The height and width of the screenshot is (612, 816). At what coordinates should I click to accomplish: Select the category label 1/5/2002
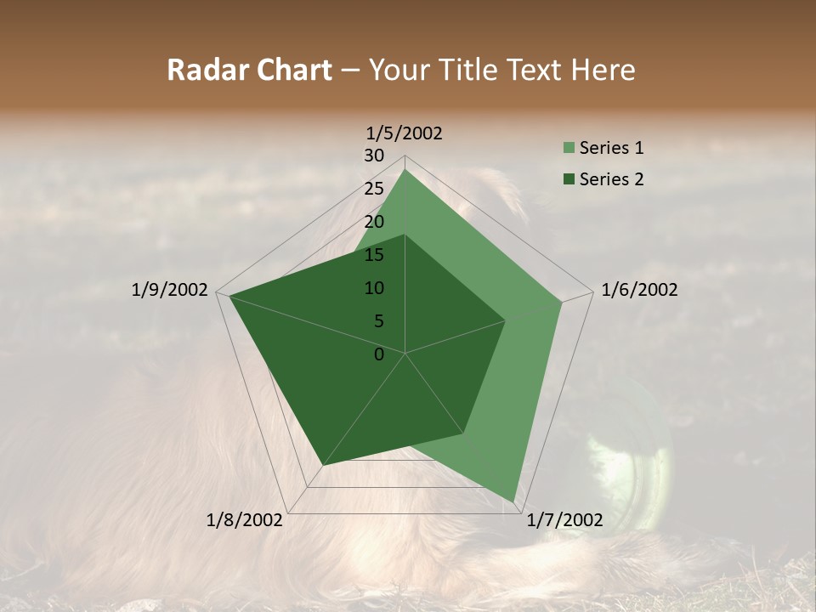coord(405,133)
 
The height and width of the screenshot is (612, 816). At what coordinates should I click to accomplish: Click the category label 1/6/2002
coord(639,290)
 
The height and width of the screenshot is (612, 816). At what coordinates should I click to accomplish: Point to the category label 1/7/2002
coord(564,520)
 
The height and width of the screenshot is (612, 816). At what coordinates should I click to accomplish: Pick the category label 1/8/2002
coord(245,520)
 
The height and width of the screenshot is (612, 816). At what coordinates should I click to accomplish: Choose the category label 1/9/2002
coord(170,290)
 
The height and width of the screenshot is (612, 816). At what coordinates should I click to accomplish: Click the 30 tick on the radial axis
coord(374,156)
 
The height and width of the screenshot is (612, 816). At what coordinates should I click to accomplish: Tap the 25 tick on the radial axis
coord(374,189)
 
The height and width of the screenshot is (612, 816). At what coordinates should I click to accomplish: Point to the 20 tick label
coord(374,222)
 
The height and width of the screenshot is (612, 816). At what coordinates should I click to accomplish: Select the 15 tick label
coord(374,255)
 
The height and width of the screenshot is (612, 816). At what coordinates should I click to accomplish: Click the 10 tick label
coord(374,288)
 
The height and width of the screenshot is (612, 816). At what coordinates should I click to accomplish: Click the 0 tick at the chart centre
coord(379,354)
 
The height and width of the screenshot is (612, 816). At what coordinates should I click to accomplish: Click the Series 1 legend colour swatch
coord(569,148)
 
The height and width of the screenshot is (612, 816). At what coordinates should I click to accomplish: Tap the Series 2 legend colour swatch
coord(569,179)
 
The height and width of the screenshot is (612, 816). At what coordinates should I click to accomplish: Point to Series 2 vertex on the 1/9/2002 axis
coord(229,296)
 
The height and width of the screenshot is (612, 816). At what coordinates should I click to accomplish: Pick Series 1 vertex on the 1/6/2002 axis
coord(562,302)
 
